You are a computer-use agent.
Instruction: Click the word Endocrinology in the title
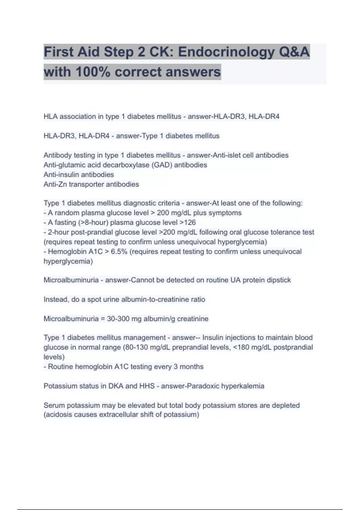226,52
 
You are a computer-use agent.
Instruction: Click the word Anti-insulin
61,175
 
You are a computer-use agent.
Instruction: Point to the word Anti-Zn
55,184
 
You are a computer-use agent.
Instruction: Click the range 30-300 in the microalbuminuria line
118,319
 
